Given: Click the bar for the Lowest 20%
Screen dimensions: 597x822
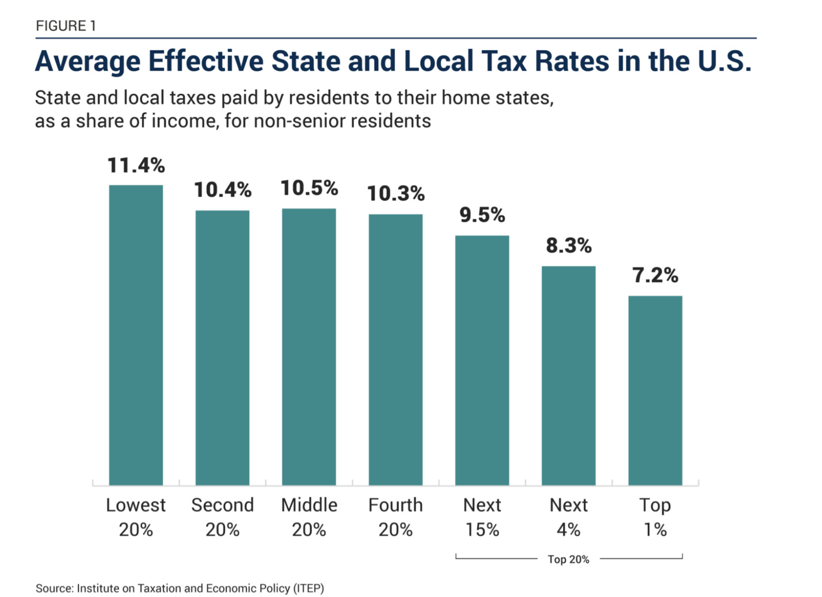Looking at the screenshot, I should pos(136,335).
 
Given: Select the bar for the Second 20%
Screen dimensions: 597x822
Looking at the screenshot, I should pos(222,348).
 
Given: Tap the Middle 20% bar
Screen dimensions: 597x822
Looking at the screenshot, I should pos(309,347).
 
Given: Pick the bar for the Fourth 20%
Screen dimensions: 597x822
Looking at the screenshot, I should pos(395,349).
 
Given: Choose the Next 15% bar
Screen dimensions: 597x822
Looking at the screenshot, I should pos(482,360).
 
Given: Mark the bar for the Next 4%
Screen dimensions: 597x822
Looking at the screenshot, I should pos(569,375).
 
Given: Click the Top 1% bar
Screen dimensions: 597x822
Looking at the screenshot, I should pos(655,390).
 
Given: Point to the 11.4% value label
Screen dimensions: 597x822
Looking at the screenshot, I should pos(136,166).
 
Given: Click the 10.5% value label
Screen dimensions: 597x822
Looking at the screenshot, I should pos(309,188).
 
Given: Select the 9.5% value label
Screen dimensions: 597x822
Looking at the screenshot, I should pos(482,215).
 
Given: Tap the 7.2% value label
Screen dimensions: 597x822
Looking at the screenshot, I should pos(655,276).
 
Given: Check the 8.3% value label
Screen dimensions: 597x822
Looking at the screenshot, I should pos(569,246).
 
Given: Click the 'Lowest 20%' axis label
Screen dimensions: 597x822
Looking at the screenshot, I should pos(136,517).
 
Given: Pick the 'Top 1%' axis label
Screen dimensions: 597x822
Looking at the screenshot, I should pos(655,517).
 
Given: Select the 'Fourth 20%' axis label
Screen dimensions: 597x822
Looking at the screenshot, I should pos(395,517).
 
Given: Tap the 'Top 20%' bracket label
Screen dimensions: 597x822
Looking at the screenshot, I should pos(568,560).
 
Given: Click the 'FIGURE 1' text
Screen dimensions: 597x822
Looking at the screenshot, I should pos(66,26).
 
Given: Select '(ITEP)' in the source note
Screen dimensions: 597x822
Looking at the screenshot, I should pos(309,588).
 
